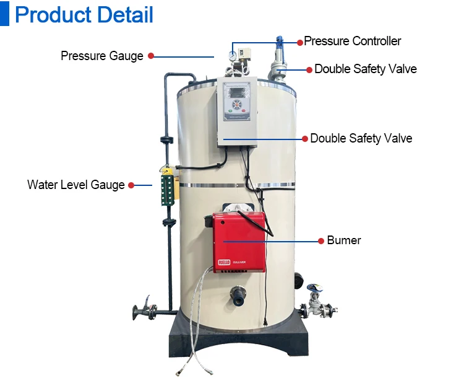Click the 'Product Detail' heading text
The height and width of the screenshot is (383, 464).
(x=84, y=14)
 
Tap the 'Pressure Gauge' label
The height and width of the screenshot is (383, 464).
(x=102, y=56)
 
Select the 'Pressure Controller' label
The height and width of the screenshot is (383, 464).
(x=353, y=42)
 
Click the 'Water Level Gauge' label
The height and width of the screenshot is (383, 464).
(x=76, y=185)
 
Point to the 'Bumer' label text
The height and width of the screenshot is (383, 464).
(x=344, y=240)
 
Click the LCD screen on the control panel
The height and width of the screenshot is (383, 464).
(x=237, y=97)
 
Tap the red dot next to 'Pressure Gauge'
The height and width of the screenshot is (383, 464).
(x=150, y=56)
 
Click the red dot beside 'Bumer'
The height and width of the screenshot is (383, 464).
(x=320, y=240)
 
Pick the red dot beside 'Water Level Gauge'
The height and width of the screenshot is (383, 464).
(x=131, y=185)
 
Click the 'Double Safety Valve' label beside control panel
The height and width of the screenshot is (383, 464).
(x=361, y=138)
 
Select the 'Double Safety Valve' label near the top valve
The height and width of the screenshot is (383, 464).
(x=366, y=69)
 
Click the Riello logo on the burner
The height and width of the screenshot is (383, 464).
(x=224, y=264)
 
